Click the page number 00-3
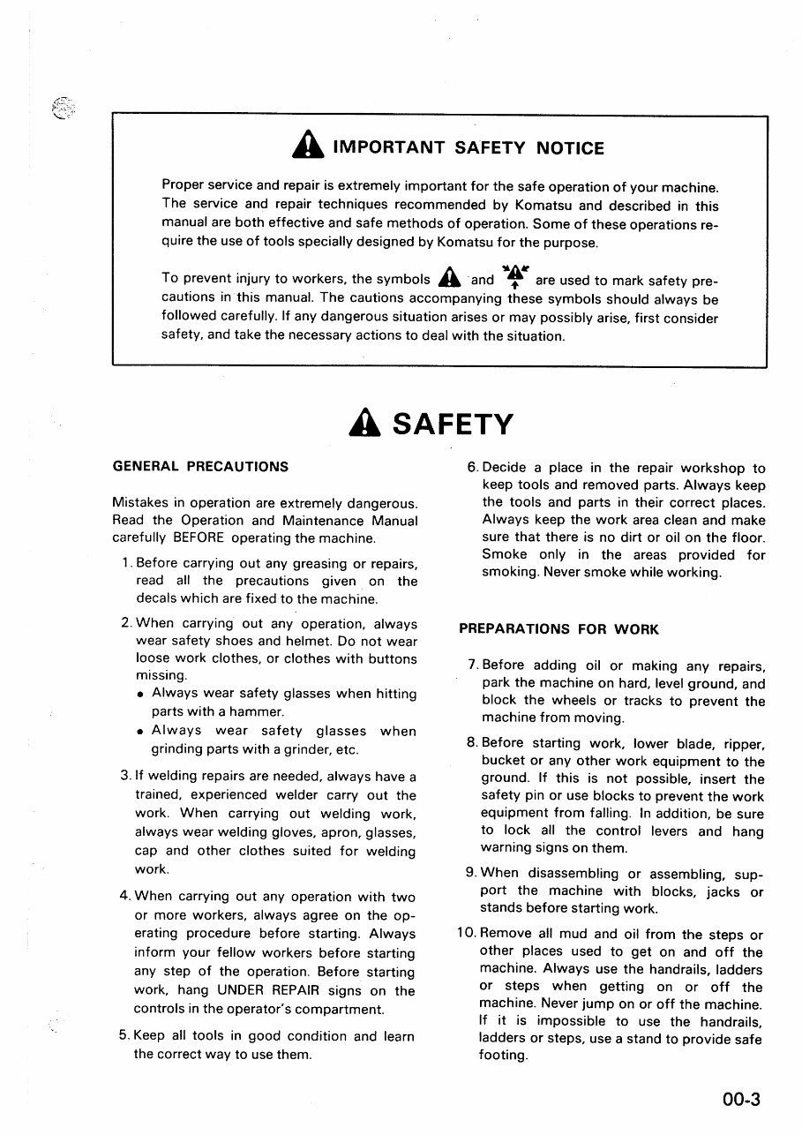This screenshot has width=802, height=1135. (x=739, y=1099)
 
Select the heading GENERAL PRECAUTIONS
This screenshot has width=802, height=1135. (x=200, y=466)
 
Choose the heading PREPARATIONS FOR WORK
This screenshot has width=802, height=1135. (x=558, y=629)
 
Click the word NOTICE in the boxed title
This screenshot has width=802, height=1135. (x=570, y=148)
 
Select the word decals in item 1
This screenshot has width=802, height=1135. (x=155, y=599)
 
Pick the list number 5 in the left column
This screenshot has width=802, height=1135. (x=124, y=1036)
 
